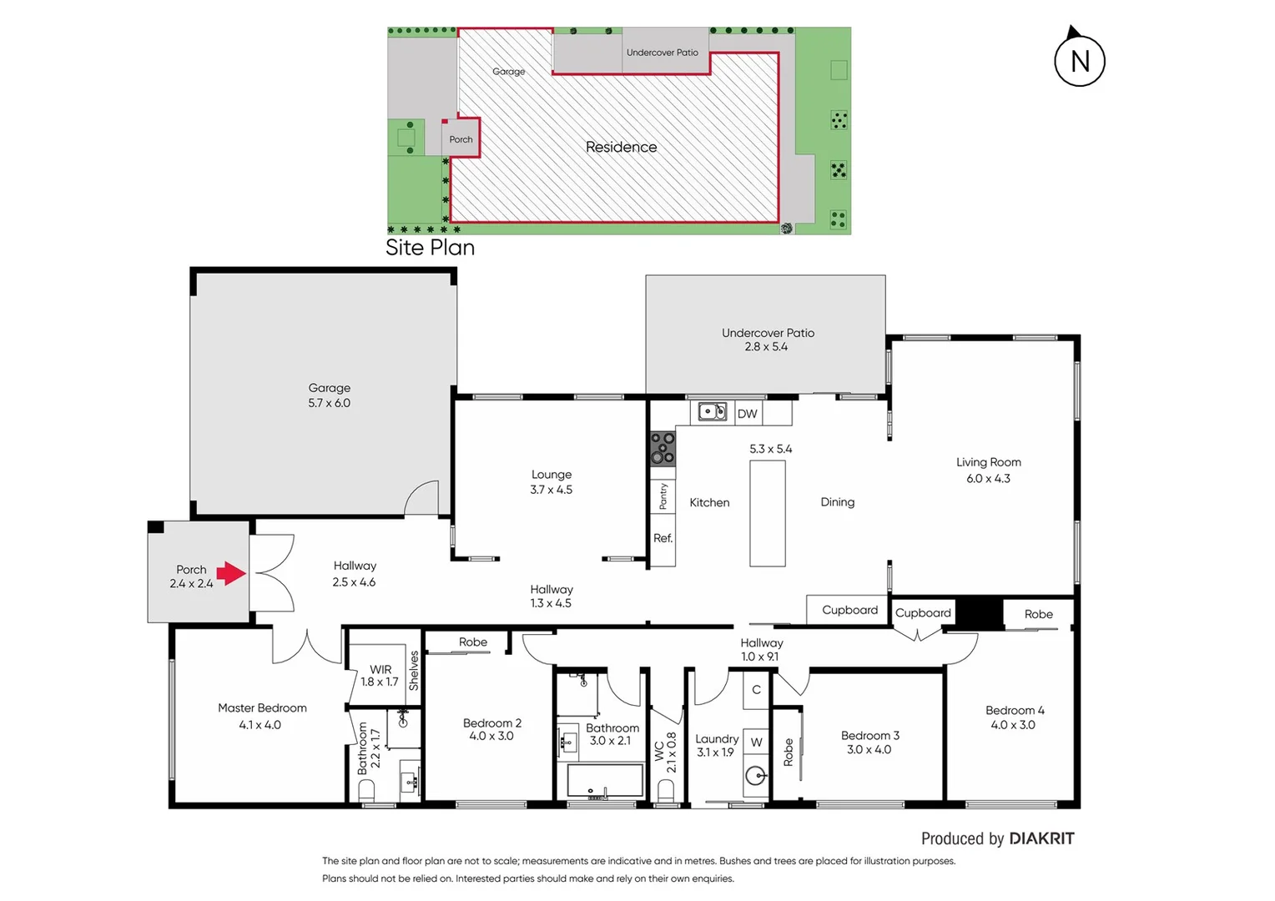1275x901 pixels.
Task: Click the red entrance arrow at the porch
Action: click(x=230, y=573)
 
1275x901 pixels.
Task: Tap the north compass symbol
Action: click(x=1079, y=60)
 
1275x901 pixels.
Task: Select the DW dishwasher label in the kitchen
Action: click(x=747, y=414)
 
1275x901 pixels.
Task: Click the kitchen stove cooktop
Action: click(x=663, y=448)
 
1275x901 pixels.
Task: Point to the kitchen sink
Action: click(x=712, y=411)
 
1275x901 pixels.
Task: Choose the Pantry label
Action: click(x=663, y=496)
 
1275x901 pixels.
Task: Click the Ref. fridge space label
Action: click(x=663, y=538)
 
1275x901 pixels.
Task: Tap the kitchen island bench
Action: click(x=767, y=513)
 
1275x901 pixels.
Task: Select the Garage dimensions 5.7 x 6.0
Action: click(x=329, y=403)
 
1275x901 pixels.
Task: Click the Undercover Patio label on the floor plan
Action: click(x=768, y=333)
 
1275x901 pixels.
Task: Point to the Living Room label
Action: click(x=988, y=462)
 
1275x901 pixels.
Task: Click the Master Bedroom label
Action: click(x=262, y=708)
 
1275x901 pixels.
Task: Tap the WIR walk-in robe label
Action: click(x=380, y=669)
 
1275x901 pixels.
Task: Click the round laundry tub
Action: click(x=755, y=776)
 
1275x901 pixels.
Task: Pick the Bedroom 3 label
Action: click(x=869, y=736)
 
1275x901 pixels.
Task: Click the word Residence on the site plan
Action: click(x=621, y=147)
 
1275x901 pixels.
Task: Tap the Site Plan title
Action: click(x=430, y=248)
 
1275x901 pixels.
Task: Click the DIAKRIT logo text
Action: click(x=1041, y=838)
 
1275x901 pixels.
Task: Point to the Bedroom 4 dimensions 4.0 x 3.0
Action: click(x=1012, y=725)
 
